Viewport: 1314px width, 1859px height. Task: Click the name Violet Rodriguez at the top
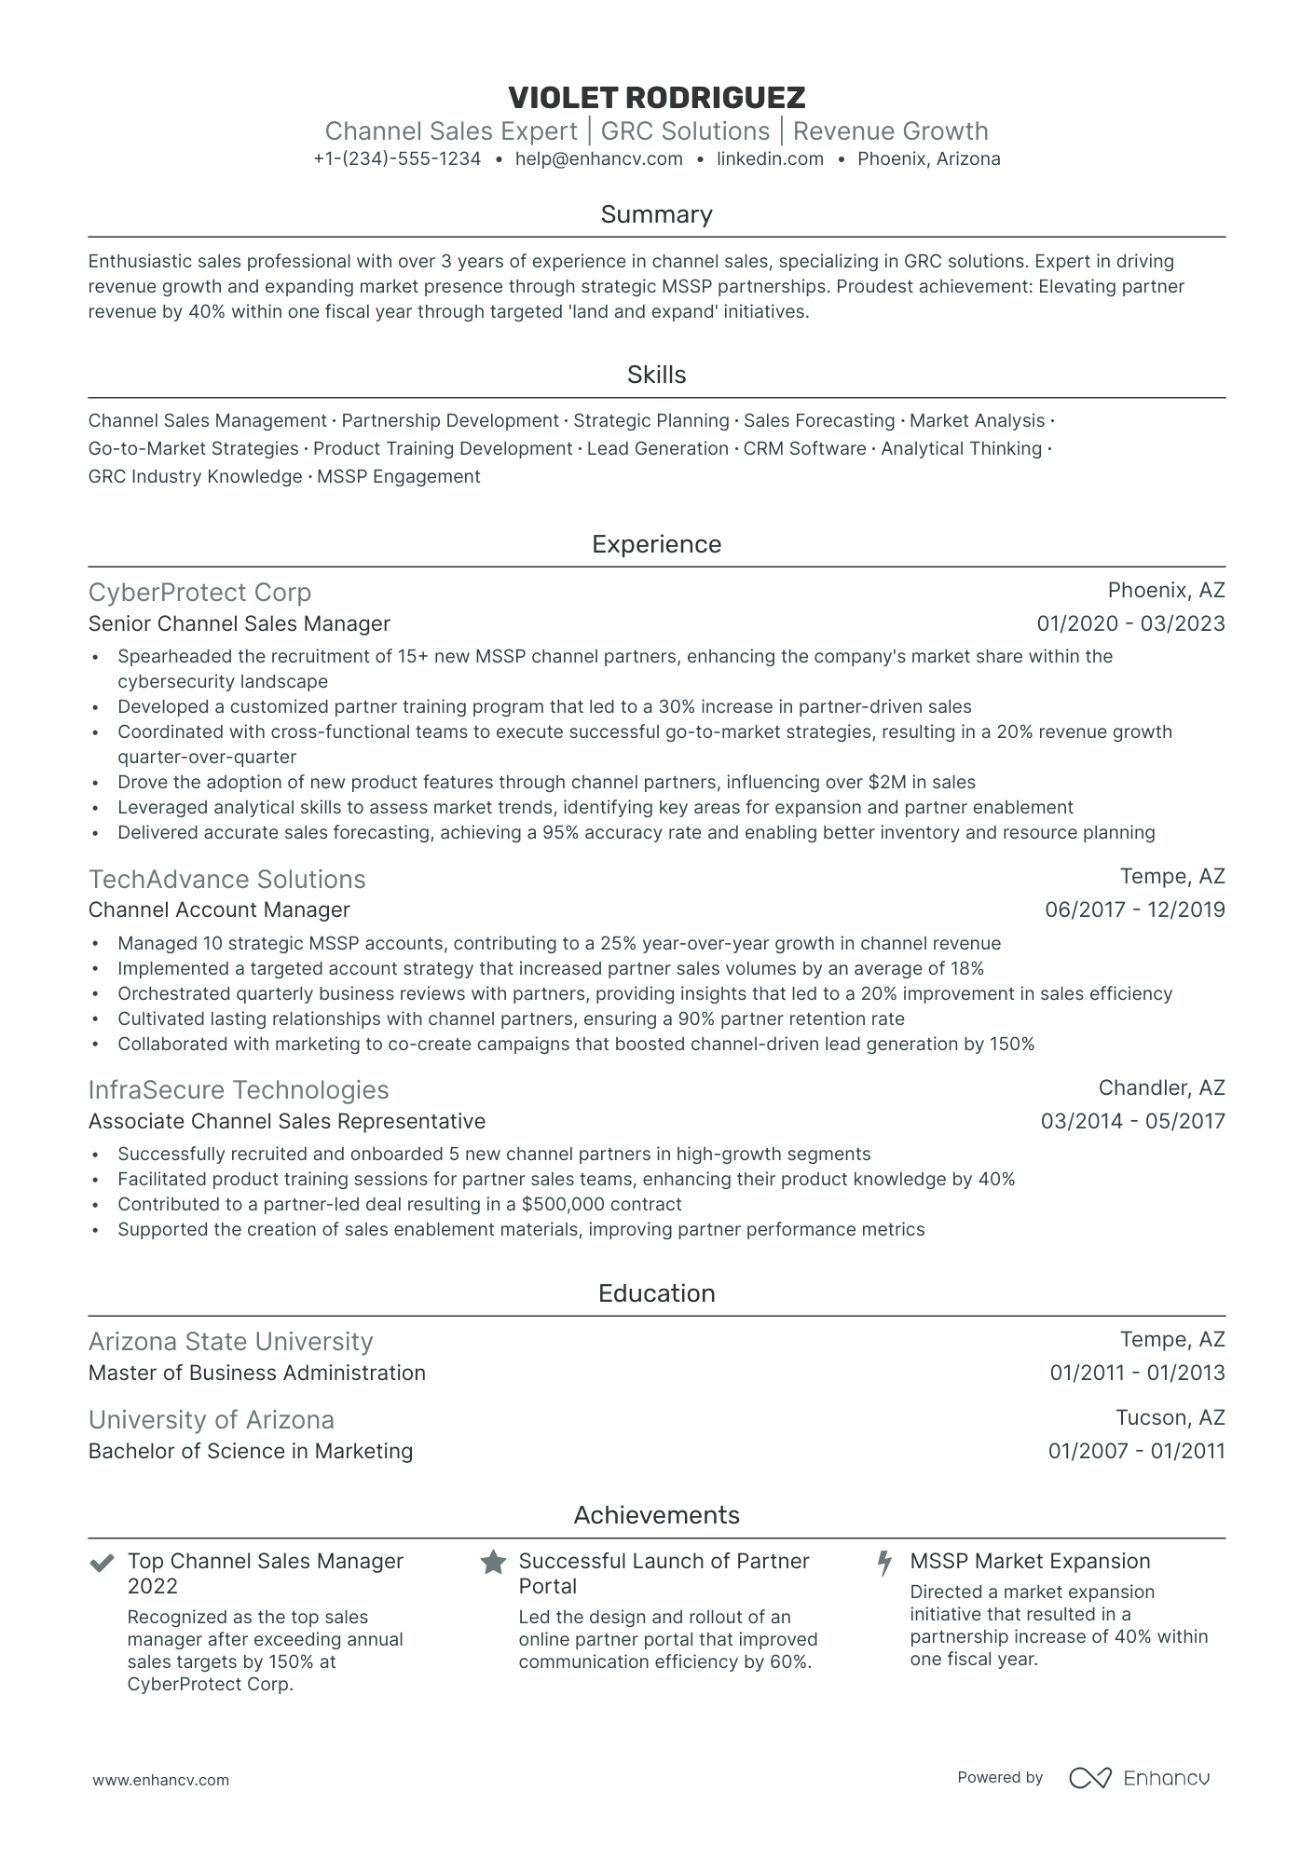coord(657,97)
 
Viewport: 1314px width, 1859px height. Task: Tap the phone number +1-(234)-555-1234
coord(397,159)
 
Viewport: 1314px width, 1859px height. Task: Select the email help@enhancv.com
coord(598,159)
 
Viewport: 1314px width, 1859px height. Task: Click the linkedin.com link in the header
coord(770,159)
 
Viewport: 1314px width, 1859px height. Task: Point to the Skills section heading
coord(656,375)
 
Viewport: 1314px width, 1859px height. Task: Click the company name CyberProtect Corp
coord(199,593)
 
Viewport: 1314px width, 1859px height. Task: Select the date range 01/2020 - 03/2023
coord(1130,623)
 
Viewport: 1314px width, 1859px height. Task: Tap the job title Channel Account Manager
coord(219,909)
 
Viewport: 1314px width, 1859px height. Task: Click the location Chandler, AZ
coord(1161,1087)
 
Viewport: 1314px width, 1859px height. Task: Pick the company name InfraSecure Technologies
coord(239,1089)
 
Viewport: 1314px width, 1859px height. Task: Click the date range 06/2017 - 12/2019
coord(1134,909)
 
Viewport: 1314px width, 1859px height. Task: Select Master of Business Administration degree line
coord(256,1373)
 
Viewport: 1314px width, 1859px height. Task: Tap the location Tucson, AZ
coord(1170,1417)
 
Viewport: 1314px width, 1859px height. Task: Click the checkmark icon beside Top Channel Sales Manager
coord(102,1563)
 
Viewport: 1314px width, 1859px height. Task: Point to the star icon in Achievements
coord(493,1563)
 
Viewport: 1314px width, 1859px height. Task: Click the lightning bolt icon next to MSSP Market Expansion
coord(885,1563)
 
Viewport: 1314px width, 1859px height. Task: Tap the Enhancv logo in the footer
coord(1139,1778)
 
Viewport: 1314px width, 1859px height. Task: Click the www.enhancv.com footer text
coord(160,1780)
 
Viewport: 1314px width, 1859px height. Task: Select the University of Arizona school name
coord(211,1419)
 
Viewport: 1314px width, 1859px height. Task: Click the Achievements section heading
coord(656,1515)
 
